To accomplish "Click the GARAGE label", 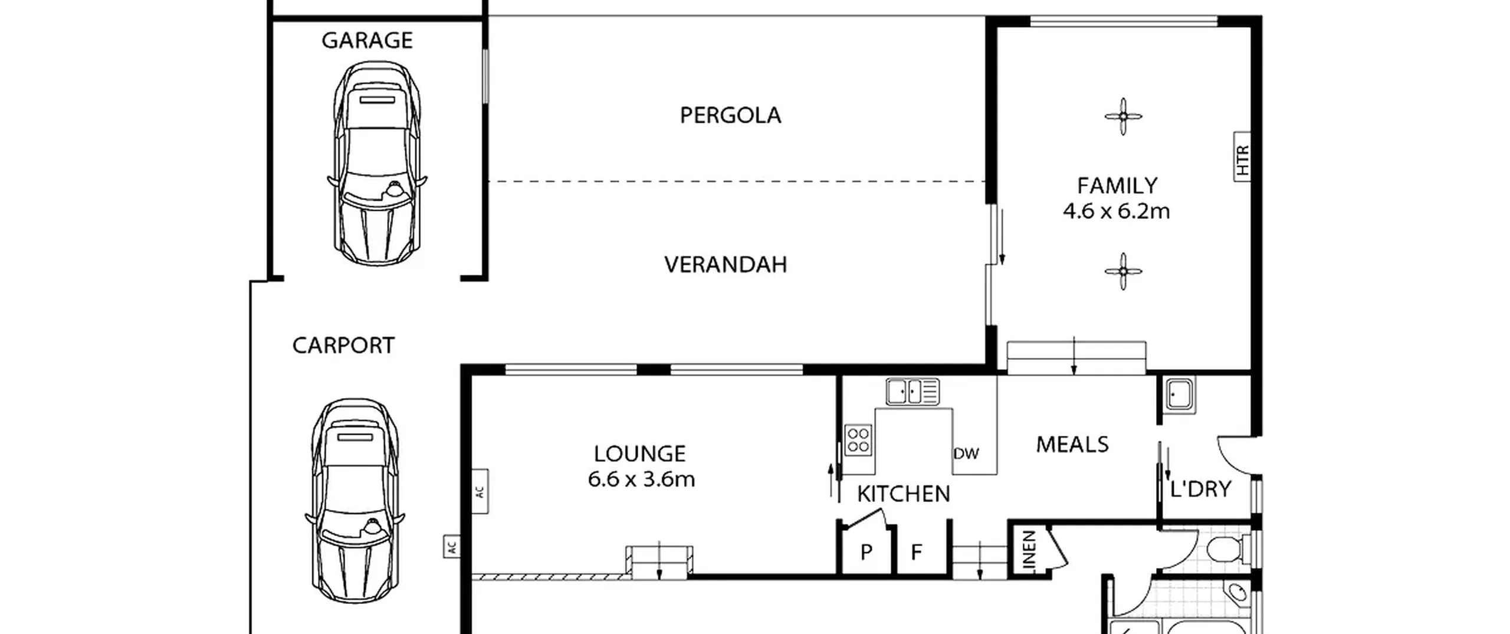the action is click(367, 40).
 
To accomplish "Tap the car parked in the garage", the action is click(377, 163).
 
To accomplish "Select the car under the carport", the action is click(354, 500).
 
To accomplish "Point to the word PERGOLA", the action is click(730, 115).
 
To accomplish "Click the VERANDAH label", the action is click(726, 264).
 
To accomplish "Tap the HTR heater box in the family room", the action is click(1242, 157).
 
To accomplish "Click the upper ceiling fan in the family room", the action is click(1123, 116).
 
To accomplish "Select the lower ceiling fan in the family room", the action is click(1123, 271).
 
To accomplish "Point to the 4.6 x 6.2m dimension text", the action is click(1116, 211).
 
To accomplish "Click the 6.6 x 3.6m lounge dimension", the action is click(641, 479).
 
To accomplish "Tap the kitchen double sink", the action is click(912, 392).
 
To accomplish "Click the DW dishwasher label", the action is click(966, 454).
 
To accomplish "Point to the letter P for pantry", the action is click(866, 552).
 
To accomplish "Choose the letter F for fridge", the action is click(916, 552).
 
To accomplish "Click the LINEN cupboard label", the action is click(1029, 550).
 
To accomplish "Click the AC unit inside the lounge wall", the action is click(480, 491).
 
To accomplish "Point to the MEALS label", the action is click(1072, 444).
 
